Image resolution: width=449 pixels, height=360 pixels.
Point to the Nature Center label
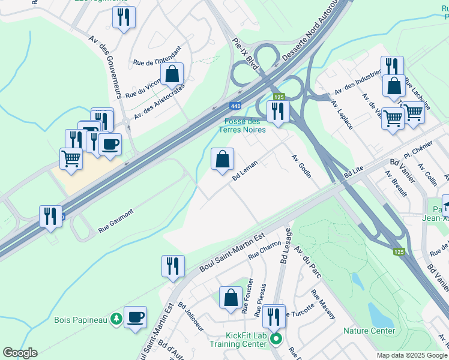[x=369, y=331]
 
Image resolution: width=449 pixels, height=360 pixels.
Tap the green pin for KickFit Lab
[x=276, y=339]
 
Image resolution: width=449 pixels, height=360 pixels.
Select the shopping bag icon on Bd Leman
[x=222, y=159]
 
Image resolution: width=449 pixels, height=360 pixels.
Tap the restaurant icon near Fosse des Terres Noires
[x=278, y=111]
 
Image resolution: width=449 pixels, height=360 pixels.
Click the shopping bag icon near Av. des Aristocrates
[x=172, y=74]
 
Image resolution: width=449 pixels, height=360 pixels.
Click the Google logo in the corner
[x=20, y=353]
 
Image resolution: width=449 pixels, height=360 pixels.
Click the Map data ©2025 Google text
[x=411, y=355]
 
